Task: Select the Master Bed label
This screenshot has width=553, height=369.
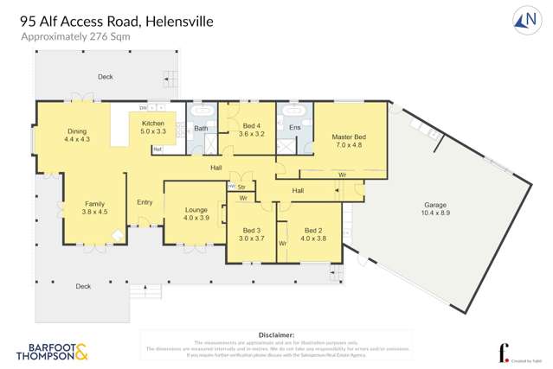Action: coord(349,140)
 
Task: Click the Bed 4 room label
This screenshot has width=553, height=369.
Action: coord(251,130)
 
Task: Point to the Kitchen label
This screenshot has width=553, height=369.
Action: coord(152,127)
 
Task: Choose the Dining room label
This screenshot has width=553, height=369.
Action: coord(77,135)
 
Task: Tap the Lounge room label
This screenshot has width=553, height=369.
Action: coord(196,213)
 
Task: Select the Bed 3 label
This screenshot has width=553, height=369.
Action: coord(251,233)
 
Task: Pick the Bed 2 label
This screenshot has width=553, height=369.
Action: coord(312,233)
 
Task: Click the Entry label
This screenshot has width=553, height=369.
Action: coord(145,202)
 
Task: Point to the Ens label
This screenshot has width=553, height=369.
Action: coord(293,128)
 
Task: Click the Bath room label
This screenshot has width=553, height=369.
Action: coord(201,129)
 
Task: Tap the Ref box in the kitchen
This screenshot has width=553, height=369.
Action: coord(158,150)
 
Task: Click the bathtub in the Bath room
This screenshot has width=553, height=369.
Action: coord(202,111)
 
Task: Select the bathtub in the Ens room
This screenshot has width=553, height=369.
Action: coord(293,111)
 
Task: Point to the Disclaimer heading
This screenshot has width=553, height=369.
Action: coord(276,334)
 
